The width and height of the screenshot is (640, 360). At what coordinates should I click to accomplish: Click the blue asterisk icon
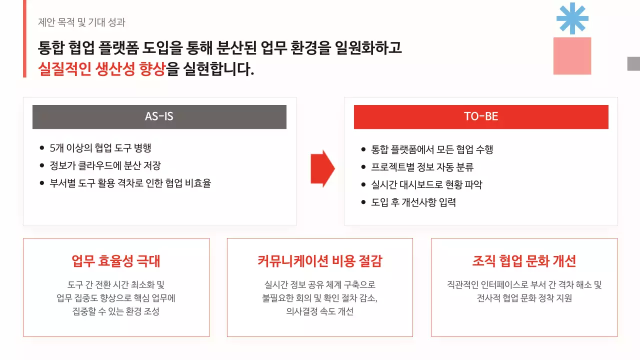pyautogui.click(x=572, y=18)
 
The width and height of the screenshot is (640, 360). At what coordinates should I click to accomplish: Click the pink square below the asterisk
pyautogui.click(x=572, y=56)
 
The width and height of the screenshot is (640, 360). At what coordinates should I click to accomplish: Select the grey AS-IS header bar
pyautogui.click(x=159, y=117)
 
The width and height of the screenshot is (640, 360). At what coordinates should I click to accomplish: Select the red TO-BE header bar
pyautogui.click(x=481, y=117)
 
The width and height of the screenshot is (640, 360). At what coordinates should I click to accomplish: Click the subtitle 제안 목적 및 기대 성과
pyautogui.click(x=81, y=22)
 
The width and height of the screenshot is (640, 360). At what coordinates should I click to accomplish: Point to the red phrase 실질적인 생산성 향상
pyautogui.click(x=101, y=69)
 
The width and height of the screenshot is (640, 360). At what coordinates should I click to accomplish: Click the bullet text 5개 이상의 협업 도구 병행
pyautogui.click(x=100, y=148)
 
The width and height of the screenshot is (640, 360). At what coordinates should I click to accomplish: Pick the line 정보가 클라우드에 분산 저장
pyautogui.click(x=105, y=165)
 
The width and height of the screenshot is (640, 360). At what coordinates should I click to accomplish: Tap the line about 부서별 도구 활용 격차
pyautogui.click(x=130, y=183)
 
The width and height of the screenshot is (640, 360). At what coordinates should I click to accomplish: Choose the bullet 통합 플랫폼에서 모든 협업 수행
pyautogui.click(x=432, y=149)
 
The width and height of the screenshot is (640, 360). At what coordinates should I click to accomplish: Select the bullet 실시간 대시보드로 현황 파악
pyautogui.click(x=427, y=184)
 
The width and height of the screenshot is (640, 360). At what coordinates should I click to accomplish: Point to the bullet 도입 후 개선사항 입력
pyautogui.click(x=413, y=202)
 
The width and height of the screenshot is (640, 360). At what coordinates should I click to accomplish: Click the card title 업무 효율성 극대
pyautogui.click(x=116, y=261)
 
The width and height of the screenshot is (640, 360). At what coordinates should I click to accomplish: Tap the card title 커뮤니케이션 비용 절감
pyautogui.click(x=320, y=261)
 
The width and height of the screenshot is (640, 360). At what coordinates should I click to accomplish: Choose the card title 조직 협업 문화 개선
pyautogui.click(x=524, y=261)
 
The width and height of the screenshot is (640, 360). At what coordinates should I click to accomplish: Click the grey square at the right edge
pyautogui.click(x=633, y=63)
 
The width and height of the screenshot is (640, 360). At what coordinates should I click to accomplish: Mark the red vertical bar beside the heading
pyautogui.click(x=24, y=38)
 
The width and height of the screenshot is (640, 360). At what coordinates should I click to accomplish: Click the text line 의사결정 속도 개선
pyautogui.click(x=320, y=311)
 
